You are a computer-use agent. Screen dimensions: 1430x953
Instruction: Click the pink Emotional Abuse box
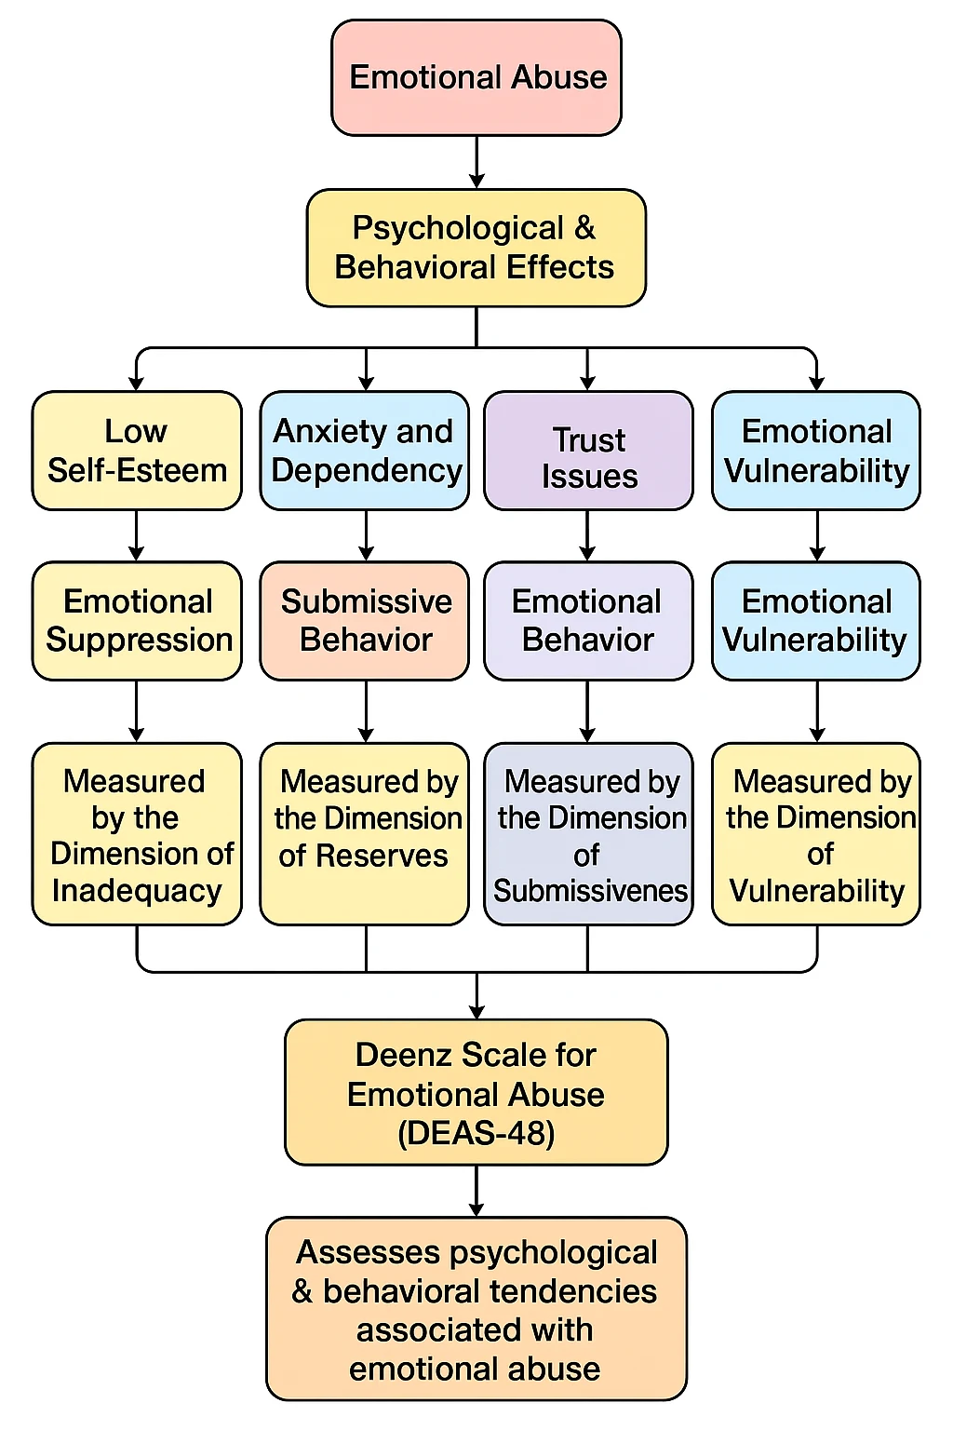coord(476,78)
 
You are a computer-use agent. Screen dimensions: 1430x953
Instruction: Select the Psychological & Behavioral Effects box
coord(476,248)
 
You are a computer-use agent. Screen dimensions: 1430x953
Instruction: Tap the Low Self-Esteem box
coord(137,451)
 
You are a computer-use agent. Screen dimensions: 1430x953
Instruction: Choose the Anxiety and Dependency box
coord(364,451)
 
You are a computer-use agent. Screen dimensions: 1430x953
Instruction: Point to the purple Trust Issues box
coord(588,451)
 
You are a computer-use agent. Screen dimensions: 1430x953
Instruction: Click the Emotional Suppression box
coord(137,621)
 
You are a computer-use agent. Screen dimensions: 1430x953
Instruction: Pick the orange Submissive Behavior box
coord(364,621)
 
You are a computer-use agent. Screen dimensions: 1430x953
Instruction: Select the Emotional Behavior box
coord(588,621)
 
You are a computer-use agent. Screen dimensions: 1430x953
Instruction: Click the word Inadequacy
coord(137,891)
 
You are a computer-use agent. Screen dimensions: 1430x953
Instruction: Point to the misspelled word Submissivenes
coord(590,891)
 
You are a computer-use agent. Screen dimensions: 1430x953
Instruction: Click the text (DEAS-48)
coord(476,1133)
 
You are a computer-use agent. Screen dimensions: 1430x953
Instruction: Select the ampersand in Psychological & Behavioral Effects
coord(584,228)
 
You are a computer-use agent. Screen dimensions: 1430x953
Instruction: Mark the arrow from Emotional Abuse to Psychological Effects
coord(476,164)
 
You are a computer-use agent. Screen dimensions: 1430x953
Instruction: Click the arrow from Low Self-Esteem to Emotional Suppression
coord(137,536)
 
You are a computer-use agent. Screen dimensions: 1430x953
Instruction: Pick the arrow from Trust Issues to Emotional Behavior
coord(587,536)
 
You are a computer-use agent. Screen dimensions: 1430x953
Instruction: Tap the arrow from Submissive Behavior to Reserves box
coord(366,712)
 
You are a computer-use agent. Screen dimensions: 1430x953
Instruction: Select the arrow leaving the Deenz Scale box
coord(476,1192)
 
